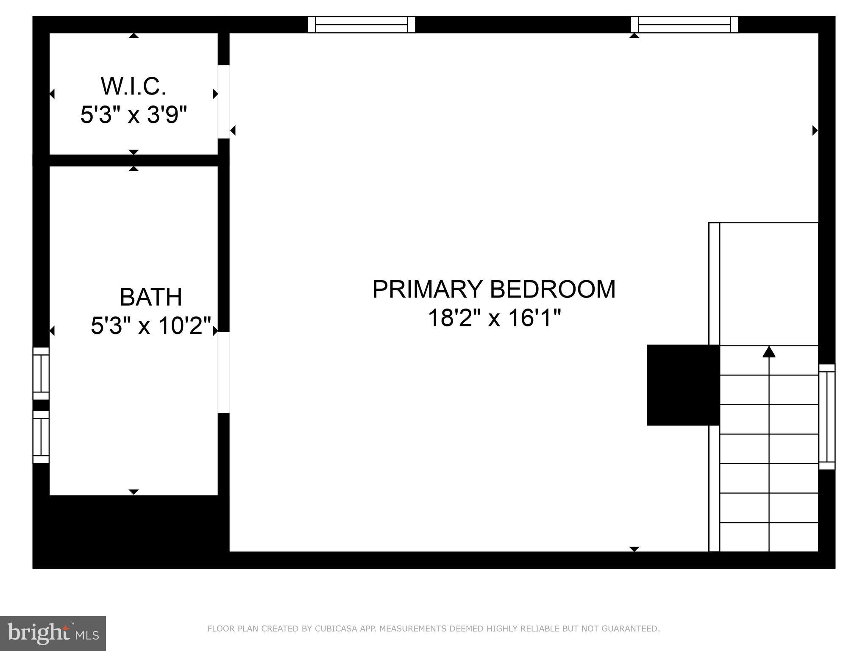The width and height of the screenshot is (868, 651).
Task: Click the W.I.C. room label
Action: click(133, 86)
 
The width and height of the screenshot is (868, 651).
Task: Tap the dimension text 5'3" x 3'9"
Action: click(134, 115)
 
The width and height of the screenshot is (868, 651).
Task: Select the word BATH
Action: click(151, 297)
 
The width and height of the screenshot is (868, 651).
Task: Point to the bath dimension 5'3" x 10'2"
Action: click(151, 326)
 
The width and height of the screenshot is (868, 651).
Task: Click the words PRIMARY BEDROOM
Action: click(494, 289)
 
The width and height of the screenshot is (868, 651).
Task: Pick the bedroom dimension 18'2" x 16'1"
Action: click(494, 318)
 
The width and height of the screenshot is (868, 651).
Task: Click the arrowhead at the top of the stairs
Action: click(769, 352)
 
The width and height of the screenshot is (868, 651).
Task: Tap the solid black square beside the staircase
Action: click(682, 385)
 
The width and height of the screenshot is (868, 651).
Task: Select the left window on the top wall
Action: click(362, 25)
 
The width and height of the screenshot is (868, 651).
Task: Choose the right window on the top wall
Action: click(684, 25)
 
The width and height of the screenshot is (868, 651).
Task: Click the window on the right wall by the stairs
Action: click(826, 417)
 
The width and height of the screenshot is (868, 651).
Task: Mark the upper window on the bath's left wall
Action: click(41, 373)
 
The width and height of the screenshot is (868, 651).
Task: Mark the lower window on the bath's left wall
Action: click(41, 437)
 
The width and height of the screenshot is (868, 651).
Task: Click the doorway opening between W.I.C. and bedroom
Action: click(223, 102)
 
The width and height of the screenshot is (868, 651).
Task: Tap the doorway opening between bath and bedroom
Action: click(223, 372)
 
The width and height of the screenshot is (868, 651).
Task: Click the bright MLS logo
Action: click(53, 633)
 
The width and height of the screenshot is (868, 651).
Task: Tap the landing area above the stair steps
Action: click(768, 284)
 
